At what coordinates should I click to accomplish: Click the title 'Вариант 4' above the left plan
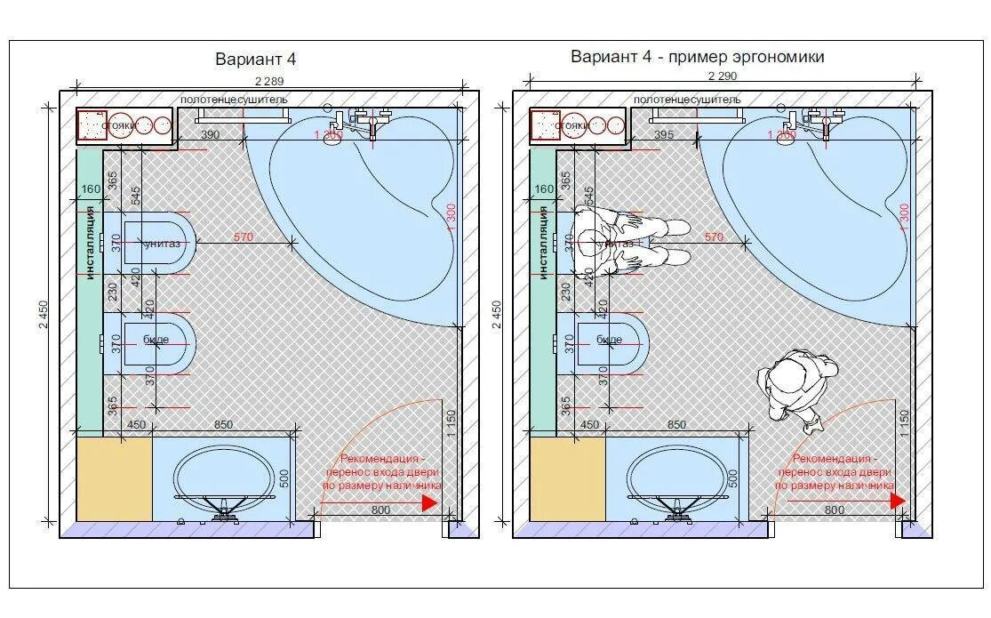click(255, 60)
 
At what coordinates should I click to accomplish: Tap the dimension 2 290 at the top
click(722, 76)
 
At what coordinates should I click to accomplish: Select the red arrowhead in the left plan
click(429, 502)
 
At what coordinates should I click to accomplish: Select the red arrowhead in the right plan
click(898, 501)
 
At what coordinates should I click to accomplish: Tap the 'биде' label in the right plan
click(609, 339)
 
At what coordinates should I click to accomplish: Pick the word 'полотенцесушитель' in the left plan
click(234, 100)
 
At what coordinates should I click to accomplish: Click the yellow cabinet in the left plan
click(113, 478)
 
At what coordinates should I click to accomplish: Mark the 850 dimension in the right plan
click(676, 425)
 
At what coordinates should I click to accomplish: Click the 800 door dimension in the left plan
click(380, 510)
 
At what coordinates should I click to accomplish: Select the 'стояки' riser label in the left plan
click(116, 126)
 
